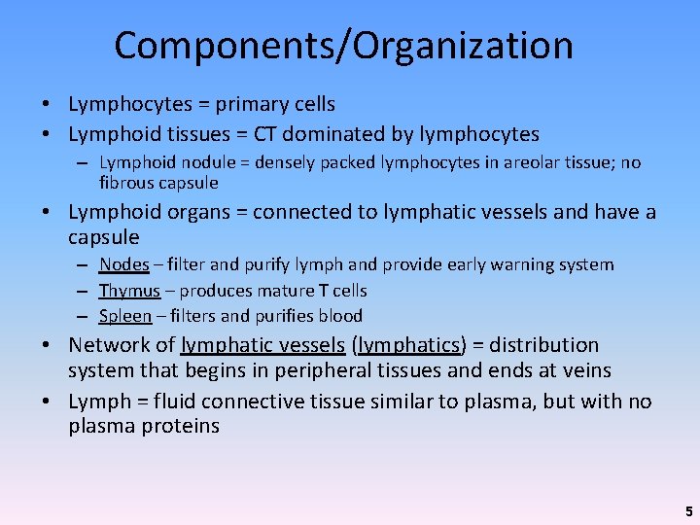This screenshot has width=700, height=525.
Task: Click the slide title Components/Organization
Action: click(343, 46)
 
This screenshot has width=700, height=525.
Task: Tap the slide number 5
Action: click(688, 510)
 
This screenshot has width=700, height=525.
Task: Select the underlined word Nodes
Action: click(123, 264)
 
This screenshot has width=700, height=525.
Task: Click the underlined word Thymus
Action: click(129, 290)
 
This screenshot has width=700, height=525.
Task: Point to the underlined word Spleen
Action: click(125, 316)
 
